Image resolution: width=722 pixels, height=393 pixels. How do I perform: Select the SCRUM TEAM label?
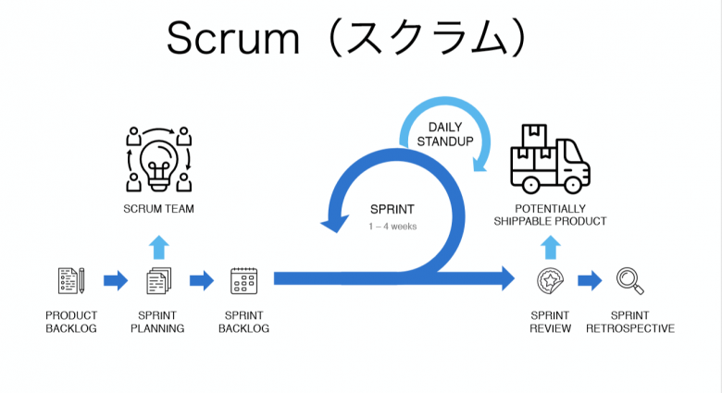tap(158, 209)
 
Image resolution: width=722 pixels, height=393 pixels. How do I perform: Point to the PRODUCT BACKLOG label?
tap(71, 322)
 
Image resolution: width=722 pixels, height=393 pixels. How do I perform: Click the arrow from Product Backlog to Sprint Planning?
tap(116, 280)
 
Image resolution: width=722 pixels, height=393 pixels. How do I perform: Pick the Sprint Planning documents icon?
tap(158, 280)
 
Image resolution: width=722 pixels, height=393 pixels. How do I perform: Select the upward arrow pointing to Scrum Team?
tap(158, 246)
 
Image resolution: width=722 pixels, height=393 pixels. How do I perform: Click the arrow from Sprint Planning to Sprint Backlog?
tap(202, 280)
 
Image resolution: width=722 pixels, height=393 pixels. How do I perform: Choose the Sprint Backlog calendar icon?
tap(244, 280)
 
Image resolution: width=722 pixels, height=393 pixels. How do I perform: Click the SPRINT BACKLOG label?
tap(244, 322)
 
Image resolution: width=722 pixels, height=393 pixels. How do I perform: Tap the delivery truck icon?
tap(550, 158)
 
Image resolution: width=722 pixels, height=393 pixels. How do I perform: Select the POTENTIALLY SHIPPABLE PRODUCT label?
tap(550, 215)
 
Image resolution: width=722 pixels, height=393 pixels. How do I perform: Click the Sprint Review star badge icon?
tap(550, 280)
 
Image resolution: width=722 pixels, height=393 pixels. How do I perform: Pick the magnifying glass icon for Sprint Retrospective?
tap(629, 279)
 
